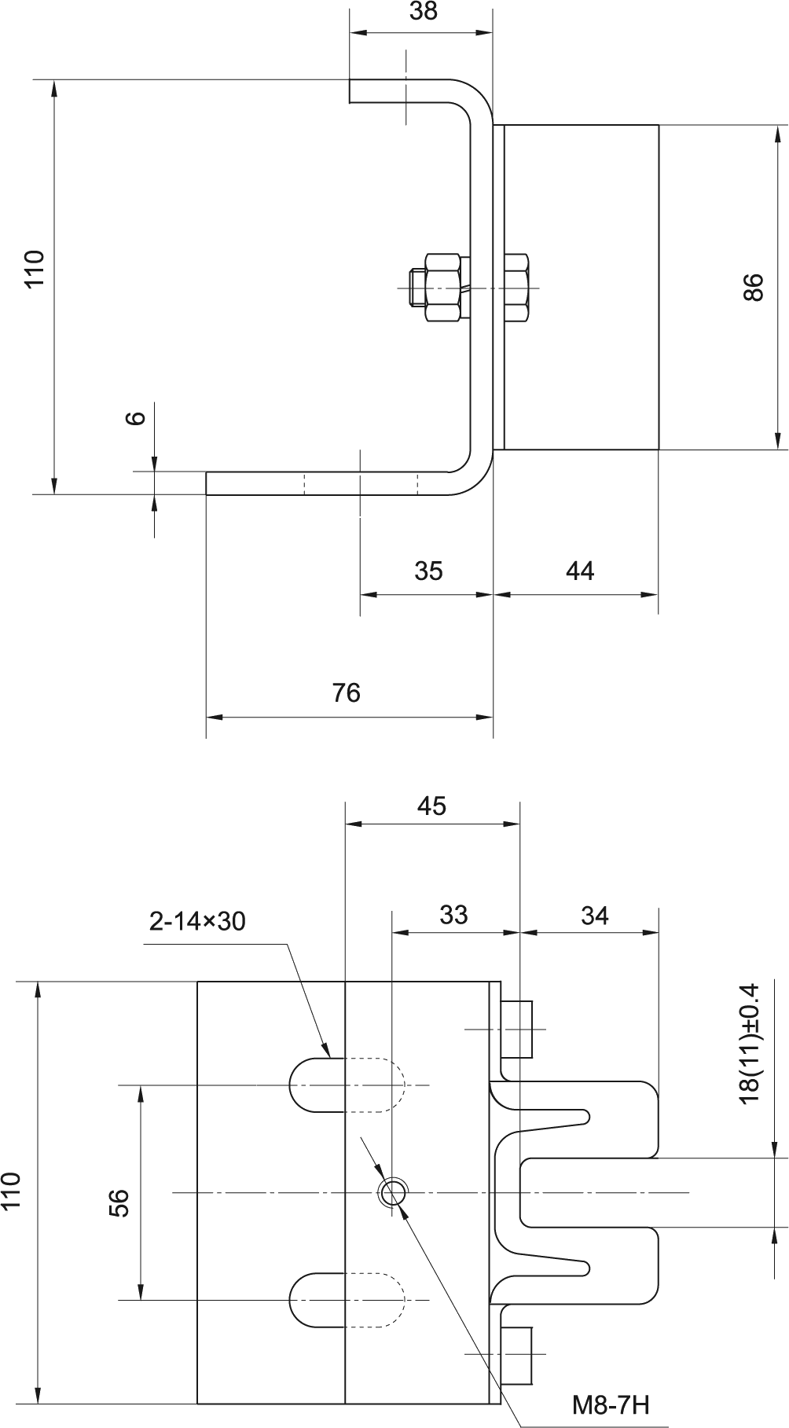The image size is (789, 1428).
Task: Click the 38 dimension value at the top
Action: point(424,11)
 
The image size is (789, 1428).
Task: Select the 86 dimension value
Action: point(752,287)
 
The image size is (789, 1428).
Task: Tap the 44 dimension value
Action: point(580,571)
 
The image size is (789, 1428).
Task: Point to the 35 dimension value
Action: point(428,571)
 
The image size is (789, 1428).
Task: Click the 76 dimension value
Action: point(346,692)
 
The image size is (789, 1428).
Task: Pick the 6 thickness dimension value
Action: point(137,417)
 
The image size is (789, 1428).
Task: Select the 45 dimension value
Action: point(431,806)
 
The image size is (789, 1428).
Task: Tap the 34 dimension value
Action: point(594,916)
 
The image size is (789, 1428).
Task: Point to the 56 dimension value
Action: point(119,1202)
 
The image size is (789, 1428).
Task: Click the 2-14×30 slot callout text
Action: point(197,921)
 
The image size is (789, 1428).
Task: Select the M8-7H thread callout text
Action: point(610,1404)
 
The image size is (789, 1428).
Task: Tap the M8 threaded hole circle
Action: point(393,1194)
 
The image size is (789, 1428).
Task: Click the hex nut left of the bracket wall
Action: point(442,287)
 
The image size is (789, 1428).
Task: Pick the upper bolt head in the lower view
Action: point(516,1029)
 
